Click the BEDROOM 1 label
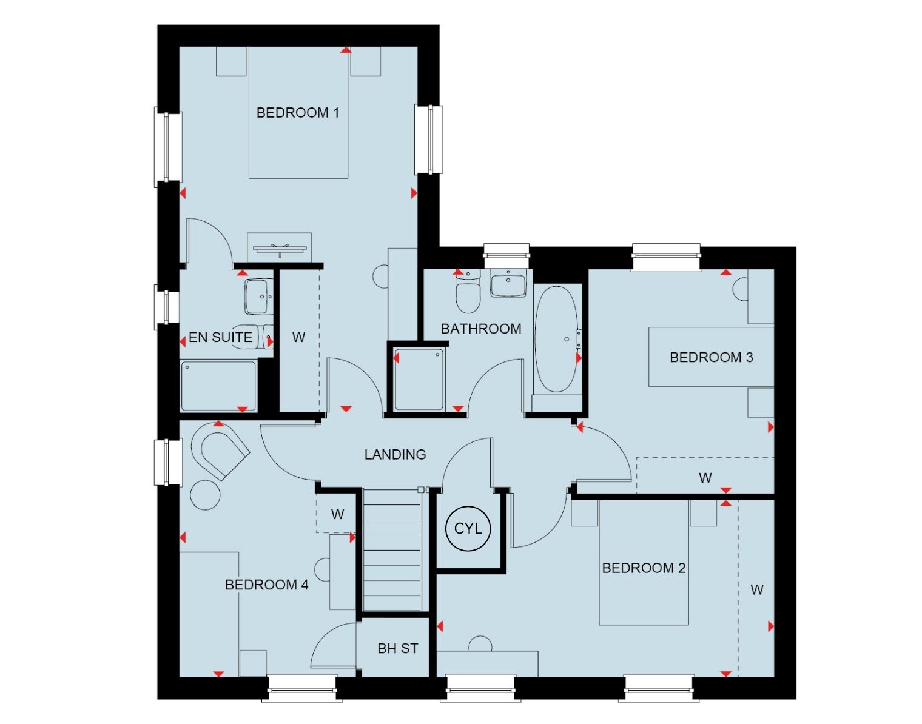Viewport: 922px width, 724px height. coord(298,113)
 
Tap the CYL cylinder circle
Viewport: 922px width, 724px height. coord(468,529)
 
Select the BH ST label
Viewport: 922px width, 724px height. coord(397,648)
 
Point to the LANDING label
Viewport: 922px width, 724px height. coord(395,455)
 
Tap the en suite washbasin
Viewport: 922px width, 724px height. coord(259,297)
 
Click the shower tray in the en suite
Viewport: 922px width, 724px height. coord(218,386)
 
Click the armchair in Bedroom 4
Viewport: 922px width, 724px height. coord(220,451)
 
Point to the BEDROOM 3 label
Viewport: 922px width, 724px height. coord(711,358)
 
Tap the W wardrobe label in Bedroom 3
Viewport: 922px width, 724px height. coord(705,478)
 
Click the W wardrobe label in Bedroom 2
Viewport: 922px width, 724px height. coord(756,589)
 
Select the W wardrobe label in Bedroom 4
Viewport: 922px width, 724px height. coord(337,514)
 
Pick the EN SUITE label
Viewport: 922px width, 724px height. coord(220,337)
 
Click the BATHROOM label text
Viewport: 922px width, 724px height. coord(481,329)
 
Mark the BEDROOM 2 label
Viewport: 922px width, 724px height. coord(644,568)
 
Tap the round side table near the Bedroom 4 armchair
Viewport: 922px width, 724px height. coord(206,495)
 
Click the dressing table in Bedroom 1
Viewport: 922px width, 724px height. coord(279,247)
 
